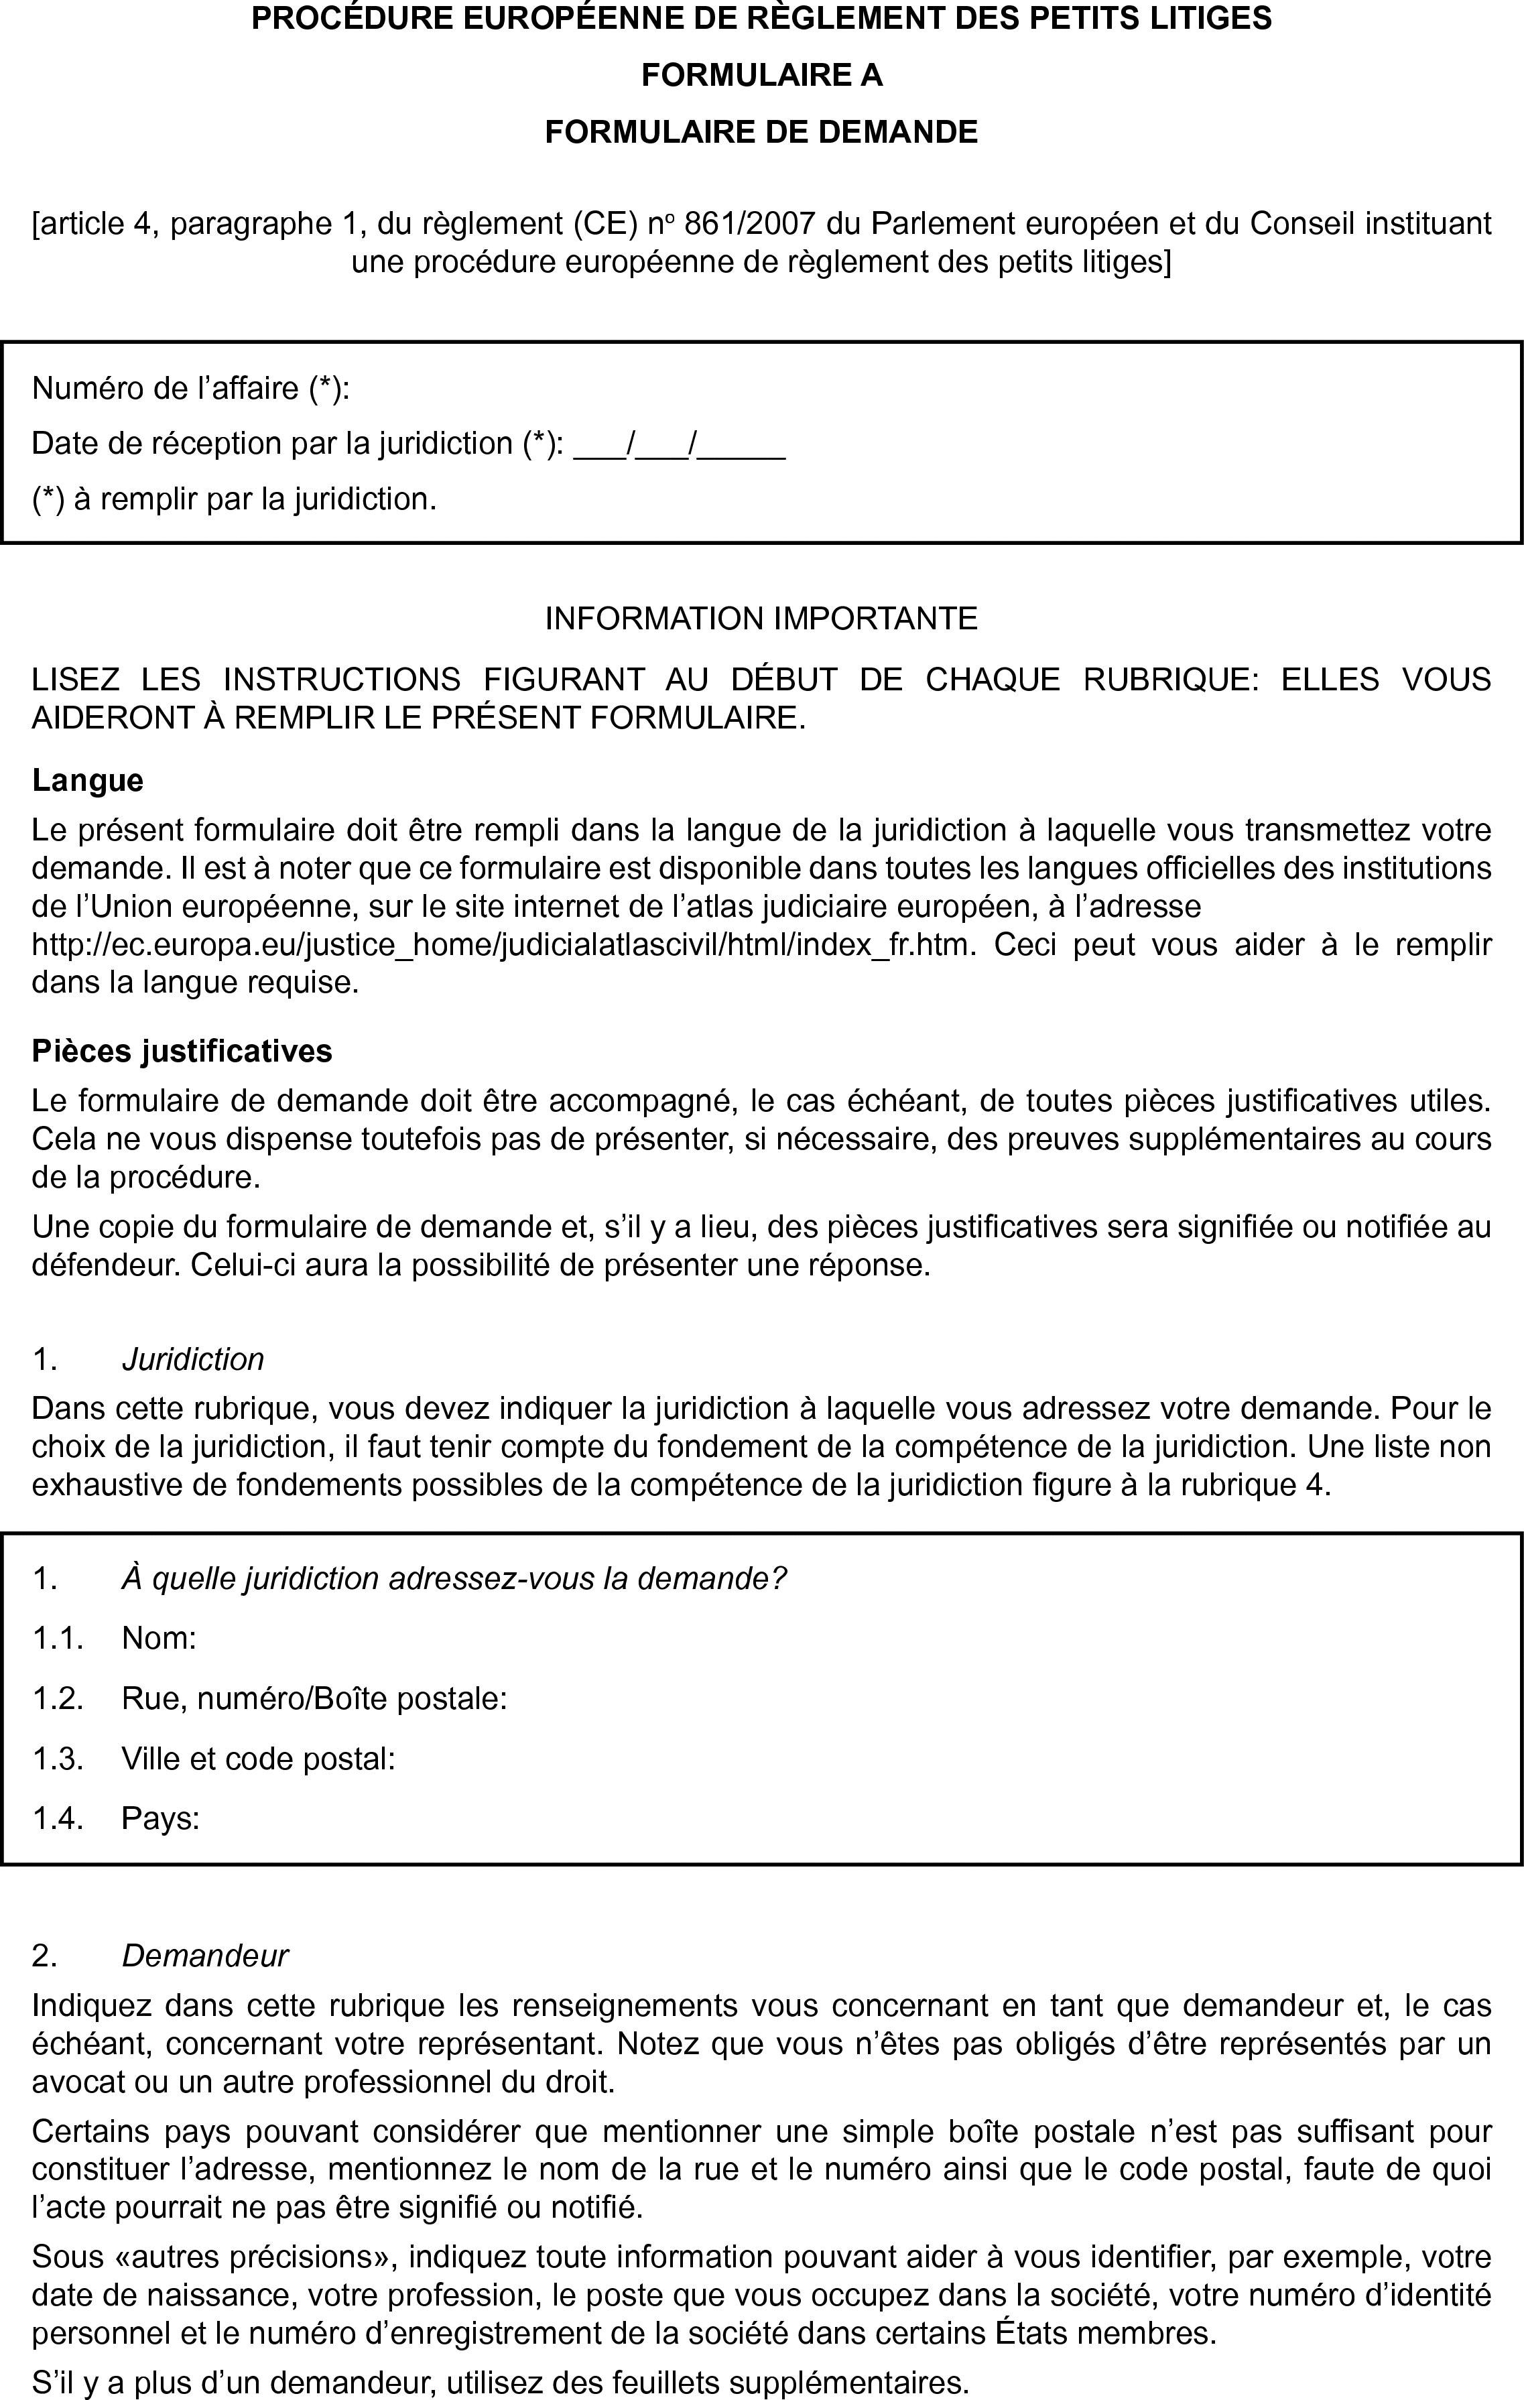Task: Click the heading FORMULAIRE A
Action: tap(761, 76)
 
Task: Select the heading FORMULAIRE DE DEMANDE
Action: tap(761, 131)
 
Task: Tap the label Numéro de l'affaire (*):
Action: tap(190, 387)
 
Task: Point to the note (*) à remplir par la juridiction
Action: tap(235, 499)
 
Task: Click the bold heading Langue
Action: tap(88, 779)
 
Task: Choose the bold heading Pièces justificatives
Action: tap(182, 1050)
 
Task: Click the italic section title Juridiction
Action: tap(192, 1359)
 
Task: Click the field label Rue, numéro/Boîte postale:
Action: tap(314, 1698)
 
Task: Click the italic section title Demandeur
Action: tap(204, 1956)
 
